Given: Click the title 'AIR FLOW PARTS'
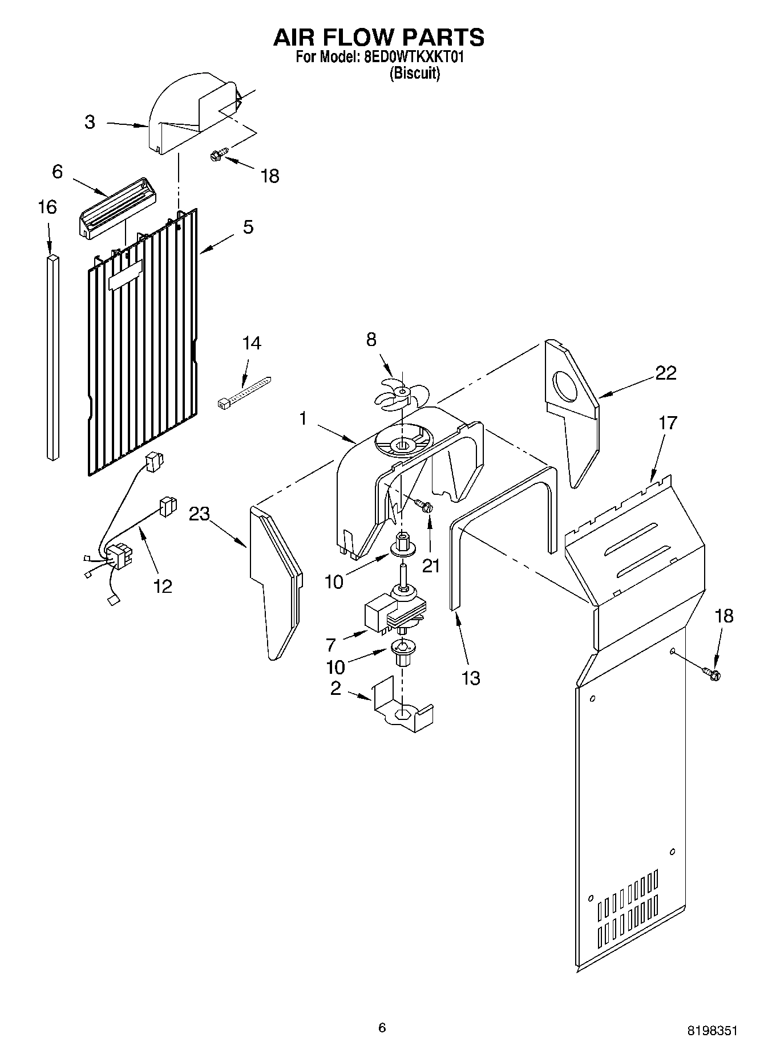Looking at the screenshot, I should [x=379, y=37].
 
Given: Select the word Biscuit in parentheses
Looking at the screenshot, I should [x=415, y=74].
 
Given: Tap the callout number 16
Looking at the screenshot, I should [x=47, y=207].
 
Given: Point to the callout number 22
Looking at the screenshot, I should [x=665, y=373].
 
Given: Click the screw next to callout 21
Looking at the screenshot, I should [x=424, y=505].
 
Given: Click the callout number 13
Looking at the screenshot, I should [x=471, y=678].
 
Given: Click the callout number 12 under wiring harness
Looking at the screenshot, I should [x=163, y=585].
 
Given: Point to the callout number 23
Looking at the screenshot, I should [x=199, y=514].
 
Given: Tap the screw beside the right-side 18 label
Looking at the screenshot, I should [x=713, y=674].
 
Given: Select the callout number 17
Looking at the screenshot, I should [x=668, y=423].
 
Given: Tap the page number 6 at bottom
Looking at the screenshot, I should [x=382, y=1028].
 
